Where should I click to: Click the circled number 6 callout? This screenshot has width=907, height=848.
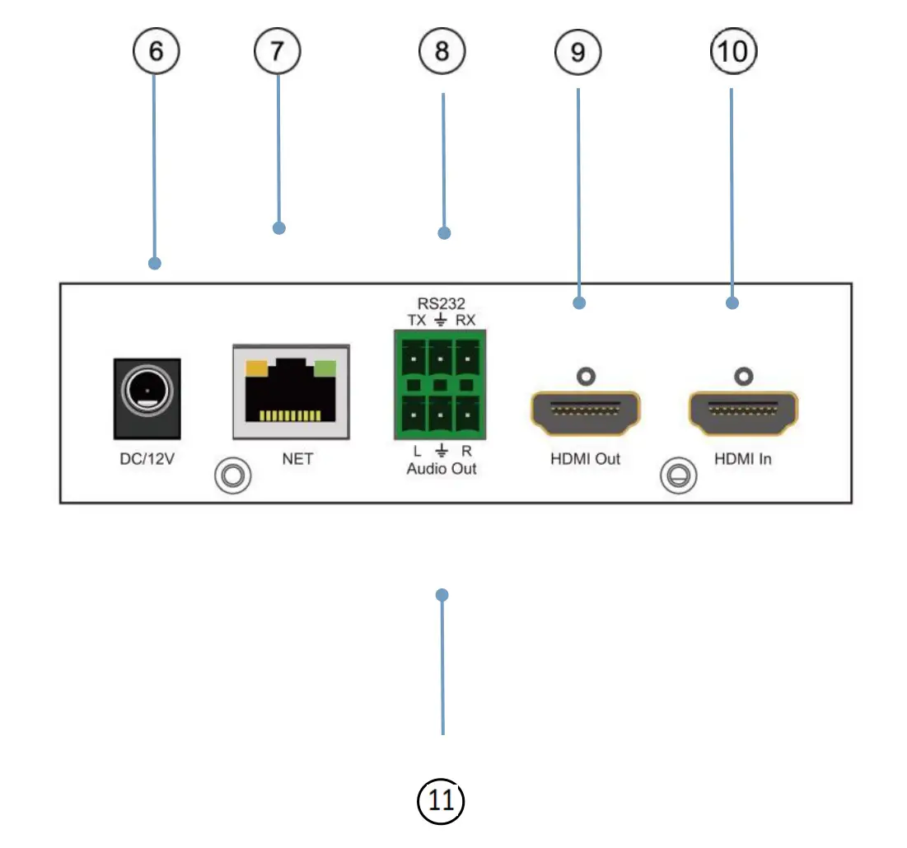(157, 51)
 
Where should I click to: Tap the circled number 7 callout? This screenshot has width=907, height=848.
(278, 51)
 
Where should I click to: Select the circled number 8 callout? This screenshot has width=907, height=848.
(442, 51)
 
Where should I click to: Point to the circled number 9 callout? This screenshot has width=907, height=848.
(577, 52)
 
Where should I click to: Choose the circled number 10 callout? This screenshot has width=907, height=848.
(733, 51)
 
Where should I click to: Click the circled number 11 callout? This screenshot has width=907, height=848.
(441, 801)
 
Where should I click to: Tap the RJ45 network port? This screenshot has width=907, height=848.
(291, 392)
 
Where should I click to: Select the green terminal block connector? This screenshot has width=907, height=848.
(440, 384)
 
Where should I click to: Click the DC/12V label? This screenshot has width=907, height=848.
(147, 459)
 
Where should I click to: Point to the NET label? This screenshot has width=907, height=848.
(297, 459)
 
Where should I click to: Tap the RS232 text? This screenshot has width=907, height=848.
(441, 303)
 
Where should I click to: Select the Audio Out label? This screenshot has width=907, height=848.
(442, 469)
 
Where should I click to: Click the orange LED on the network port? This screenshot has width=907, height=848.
(257, 368)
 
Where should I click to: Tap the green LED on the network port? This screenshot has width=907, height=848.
(325, 368)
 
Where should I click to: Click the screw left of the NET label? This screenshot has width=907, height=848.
(232, 476)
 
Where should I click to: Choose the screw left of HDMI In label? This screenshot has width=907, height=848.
(679, 476)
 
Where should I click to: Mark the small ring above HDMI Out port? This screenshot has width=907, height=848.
(586, 377)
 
